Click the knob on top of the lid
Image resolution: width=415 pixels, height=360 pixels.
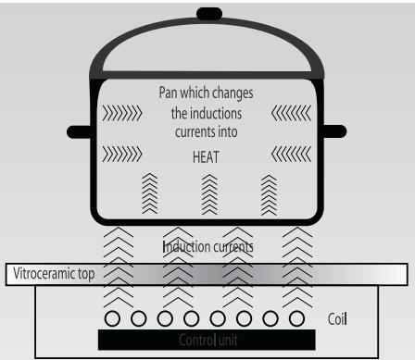(206, 13)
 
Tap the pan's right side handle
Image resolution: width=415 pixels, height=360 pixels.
(333, 130)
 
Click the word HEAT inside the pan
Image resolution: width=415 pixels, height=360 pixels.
(206, 157)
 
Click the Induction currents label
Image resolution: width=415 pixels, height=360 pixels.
(208, 248)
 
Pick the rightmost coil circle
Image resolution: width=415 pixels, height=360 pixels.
(296, 318)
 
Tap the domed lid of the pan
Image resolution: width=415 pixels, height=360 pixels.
(206, 51)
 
